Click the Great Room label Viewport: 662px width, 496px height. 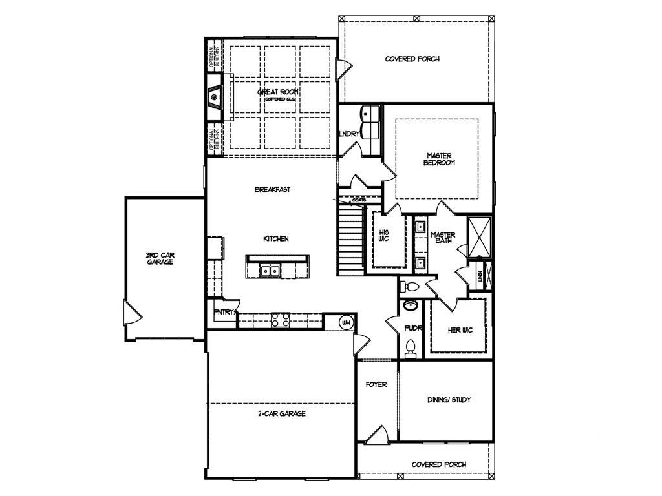coord(277,92)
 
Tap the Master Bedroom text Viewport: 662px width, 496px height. coord(439,159)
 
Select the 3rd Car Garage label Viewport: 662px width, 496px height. coord(160,258)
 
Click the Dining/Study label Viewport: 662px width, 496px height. coord(449,400)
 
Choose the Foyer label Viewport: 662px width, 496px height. coord(376,384)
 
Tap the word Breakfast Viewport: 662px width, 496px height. coord(272,189)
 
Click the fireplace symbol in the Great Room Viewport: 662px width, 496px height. coord(215,98)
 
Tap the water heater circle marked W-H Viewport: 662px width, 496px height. coord(346,322)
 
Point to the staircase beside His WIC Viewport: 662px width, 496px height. coord(350,239)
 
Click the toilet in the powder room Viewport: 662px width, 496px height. coord(410,349)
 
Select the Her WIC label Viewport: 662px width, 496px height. coord(460,330)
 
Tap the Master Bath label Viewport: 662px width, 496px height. coord(443,238)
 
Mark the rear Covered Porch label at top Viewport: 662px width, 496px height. coord(412,59)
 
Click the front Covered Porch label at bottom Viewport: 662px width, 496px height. coord(439,464)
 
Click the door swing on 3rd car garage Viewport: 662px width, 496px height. coord(132,314)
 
